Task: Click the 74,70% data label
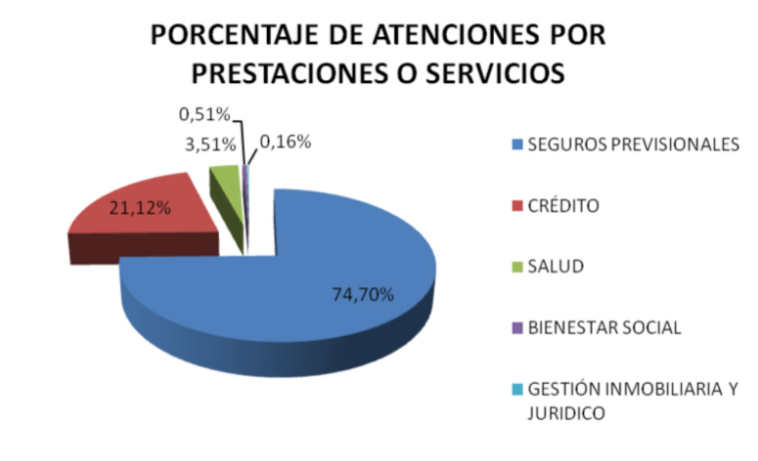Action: tap(363, 294)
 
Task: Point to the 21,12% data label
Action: tap(140, 208)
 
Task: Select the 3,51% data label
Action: tap(210, 145)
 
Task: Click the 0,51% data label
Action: tap(204, 115)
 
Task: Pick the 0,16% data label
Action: tap(285, 142)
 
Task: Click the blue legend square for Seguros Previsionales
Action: tap(517, 145)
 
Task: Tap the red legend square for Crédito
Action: tap(517, 206)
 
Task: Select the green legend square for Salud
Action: tap(517, 267)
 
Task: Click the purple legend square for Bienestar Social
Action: tap(517, 328)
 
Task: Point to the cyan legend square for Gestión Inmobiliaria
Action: tap(517, 389)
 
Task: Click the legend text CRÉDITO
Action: tap(563, 206)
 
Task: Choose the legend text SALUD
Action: tap(556, 267)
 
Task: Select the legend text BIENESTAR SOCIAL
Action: tap(604, 328)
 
